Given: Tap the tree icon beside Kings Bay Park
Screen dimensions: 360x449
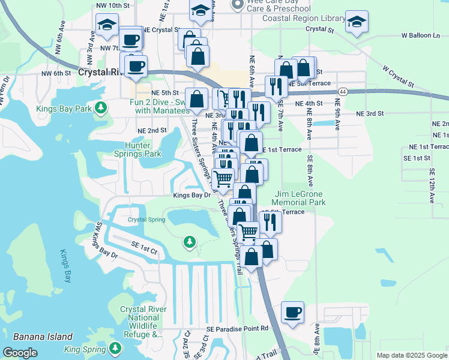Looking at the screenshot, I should pyautogui.click(x=101, y=108).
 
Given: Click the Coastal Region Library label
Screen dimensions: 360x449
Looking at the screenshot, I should pyautogui.click(x=304, y=18).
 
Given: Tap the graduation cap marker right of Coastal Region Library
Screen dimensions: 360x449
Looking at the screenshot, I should pyautogui.click(x=357, y=23).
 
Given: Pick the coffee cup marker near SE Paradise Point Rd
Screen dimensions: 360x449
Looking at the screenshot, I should pyautogui.click(x=292, y=313).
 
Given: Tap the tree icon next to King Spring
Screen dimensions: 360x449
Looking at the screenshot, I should pyautogui.click(x=113, y=349).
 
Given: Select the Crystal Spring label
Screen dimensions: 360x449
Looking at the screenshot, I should pyautogui.click(x=146, y=220).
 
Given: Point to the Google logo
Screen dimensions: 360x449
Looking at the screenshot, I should pyautogui.click(x=20, y=353).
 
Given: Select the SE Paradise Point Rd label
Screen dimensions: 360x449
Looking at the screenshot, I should pyautogui.click(x=237, y=328).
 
